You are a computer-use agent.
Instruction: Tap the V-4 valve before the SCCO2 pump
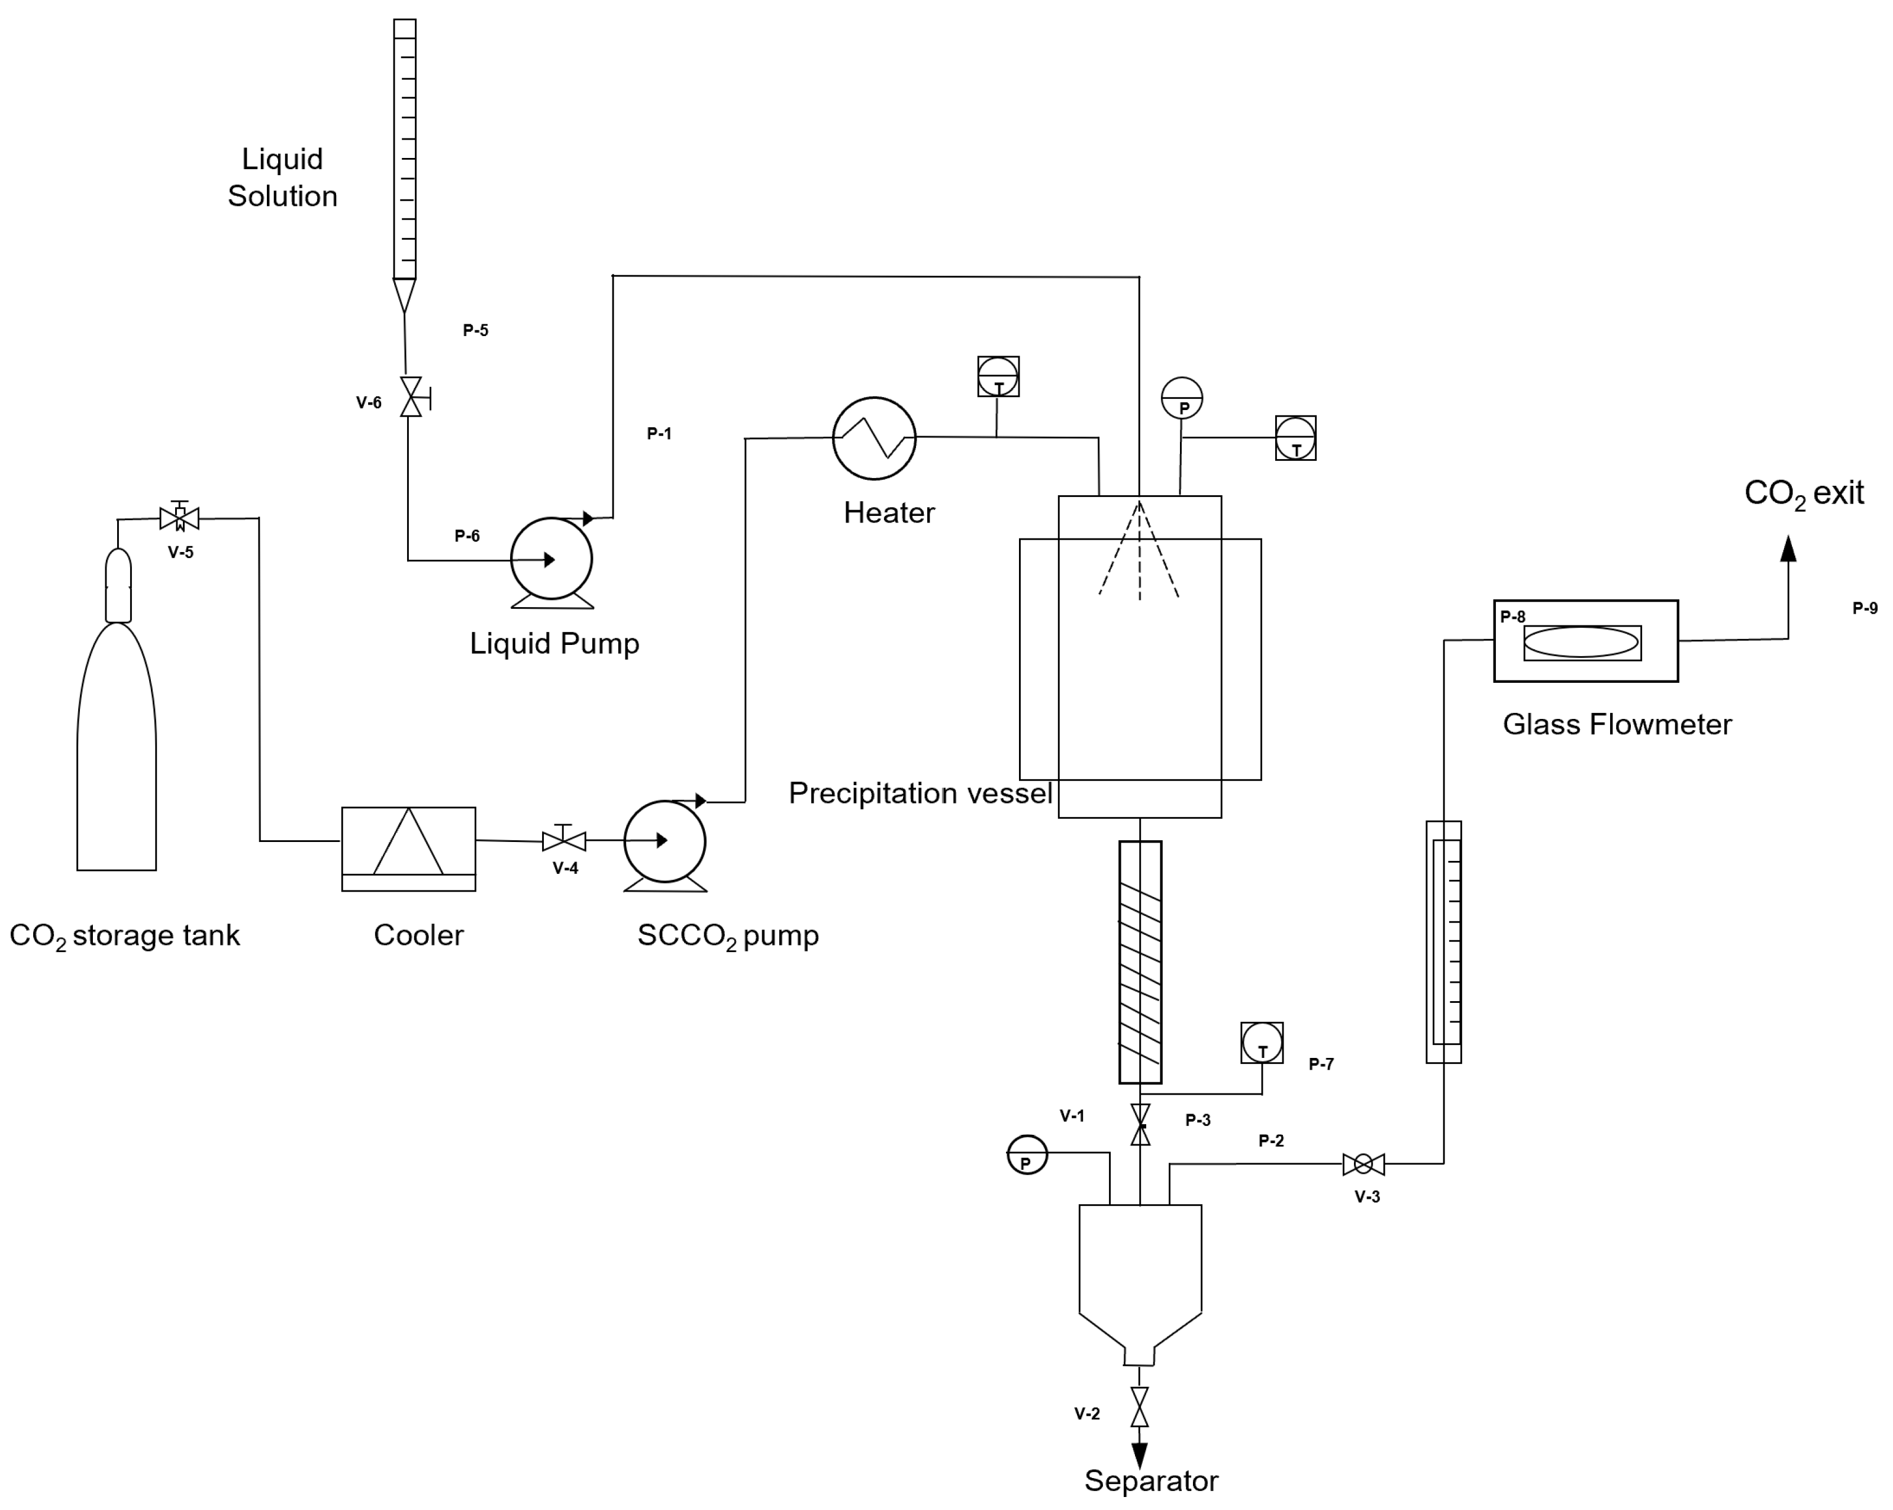click(x=564, y=841)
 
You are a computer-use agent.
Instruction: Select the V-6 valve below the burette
click(x=411, y=397)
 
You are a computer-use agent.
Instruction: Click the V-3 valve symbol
click(x=1363, y=1164)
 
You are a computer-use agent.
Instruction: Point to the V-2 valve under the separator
click(x=1140, y=1406)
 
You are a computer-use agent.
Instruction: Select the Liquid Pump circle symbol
click(x=552, y=559)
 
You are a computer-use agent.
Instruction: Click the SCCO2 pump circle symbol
click(x=665, y=841)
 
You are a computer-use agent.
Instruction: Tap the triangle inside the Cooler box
click(x=408, y=843)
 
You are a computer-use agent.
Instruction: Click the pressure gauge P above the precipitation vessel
click(x=1182, y=399)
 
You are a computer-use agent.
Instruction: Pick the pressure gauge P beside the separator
click(x=1027, y=1156)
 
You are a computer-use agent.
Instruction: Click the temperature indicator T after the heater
click(x=998, y=377)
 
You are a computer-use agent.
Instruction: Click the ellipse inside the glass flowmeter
click(x=1581, y=642)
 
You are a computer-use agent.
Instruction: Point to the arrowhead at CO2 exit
click(x=1788, y=548)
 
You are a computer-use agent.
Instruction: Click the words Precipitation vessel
click(x=920, y=793)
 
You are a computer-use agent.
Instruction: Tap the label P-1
click(x=659, y=433)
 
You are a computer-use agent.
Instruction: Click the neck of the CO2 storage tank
click(x=118, y=585)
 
